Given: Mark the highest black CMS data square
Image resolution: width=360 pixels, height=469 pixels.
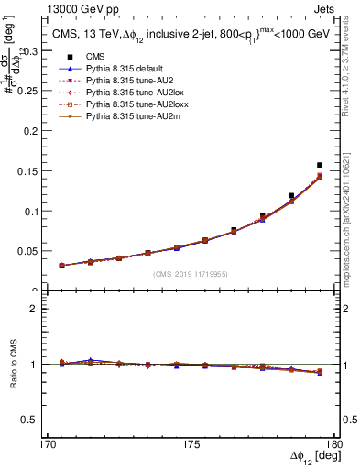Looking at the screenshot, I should tap(320, 166).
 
